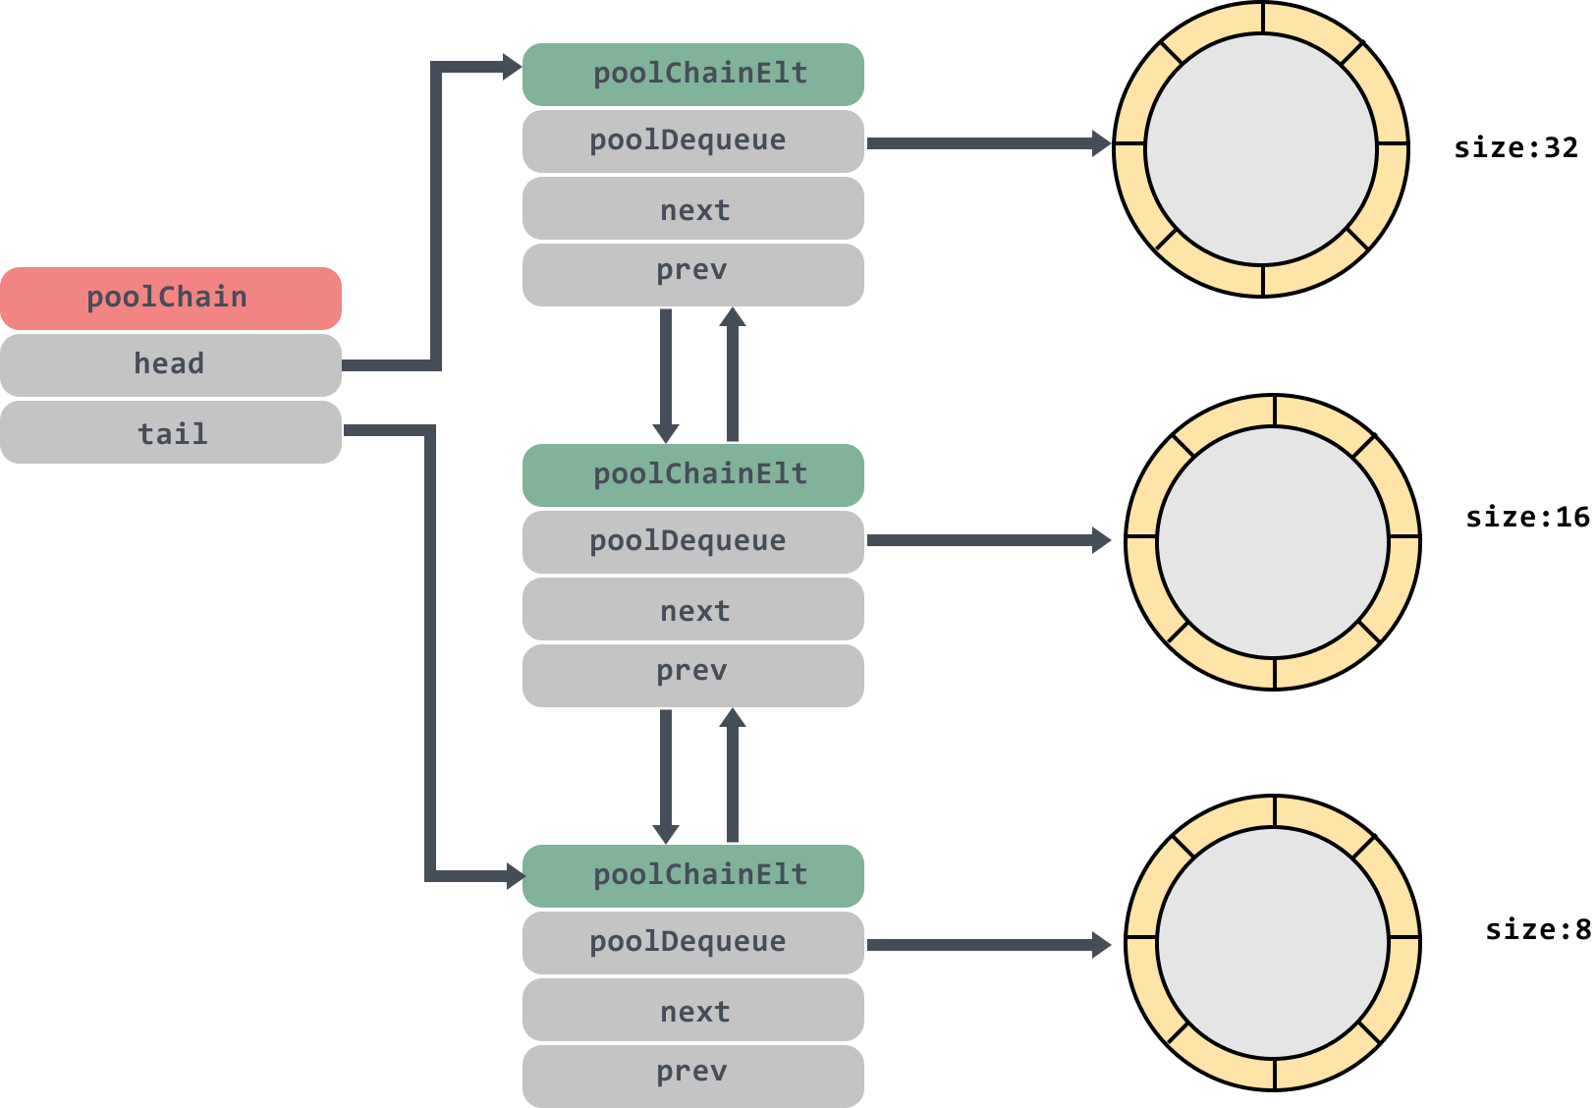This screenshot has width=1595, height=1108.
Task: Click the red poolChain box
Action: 171,298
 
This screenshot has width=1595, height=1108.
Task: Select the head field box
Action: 171,364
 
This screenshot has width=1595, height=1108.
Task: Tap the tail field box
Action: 171,432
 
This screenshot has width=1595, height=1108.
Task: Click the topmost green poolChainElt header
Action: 692,74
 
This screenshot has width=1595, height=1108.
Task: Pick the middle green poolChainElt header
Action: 692,475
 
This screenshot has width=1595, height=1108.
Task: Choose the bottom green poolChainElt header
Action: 692,876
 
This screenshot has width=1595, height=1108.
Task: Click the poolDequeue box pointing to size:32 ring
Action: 692,141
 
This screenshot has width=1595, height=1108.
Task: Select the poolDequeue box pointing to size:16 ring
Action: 692,542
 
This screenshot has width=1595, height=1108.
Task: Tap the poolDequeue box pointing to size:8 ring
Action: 692,943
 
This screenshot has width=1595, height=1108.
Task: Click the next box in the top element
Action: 692,208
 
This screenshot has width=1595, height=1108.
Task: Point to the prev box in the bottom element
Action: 692,1076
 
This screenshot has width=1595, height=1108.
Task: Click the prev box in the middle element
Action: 692,676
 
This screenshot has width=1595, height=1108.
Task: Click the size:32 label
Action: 1516,148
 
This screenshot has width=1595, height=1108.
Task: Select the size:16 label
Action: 1528,517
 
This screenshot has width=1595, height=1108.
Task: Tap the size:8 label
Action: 1538,929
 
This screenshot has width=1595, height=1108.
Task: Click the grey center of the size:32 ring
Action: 1261,149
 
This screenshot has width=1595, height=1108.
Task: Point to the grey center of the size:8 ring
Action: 1273,943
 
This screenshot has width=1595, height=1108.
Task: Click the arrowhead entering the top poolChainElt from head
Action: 513,67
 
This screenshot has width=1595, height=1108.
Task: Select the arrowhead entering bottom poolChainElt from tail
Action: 516,876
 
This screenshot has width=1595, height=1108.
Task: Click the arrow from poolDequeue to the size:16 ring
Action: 989,540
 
